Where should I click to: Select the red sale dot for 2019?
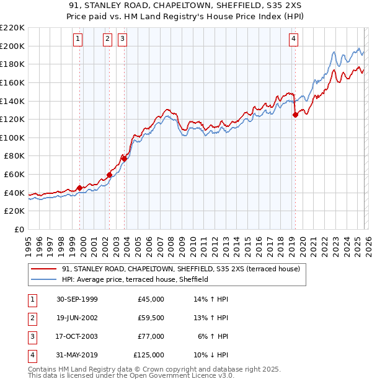[295, 114]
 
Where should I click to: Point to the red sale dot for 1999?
[80, 188]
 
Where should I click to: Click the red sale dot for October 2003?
[124, 159]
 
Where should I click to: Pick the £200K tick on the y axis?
[12, 46]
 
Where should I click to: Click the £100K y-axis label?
[12, 137]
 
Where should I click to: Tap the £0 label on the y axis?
[19, 230]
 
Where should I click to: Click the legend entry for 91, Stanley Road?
[180, 269]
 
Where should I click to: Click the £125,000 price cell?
[148, 355]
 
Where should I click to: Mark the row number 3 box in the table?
[31, 336]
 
